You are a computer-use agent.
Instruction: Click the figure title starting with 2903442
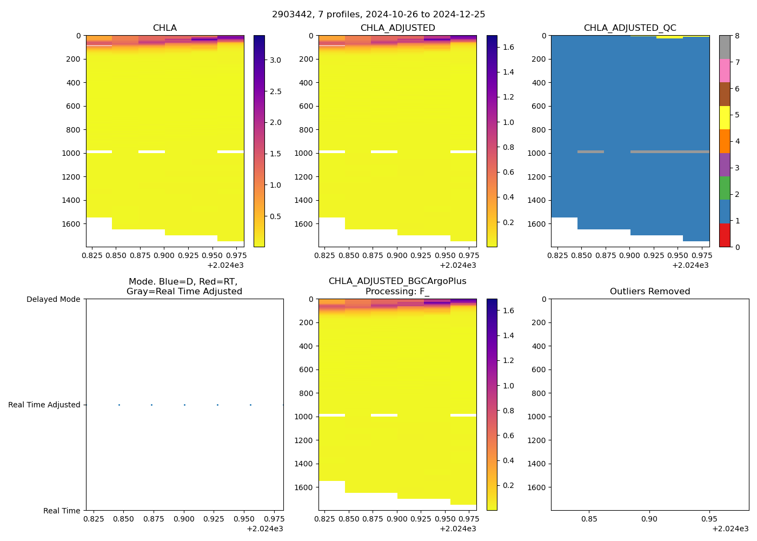click(378, 15)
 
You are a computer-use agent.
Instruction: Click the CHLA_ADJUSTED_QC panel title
click(630, 28)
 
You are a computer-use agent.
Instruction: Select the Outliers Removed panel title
click(650, 292)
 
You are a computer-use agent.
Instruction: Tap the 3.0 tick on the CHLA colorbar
click(275, 60)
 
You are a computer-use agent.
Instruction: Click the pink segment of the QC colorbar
click(725, 70)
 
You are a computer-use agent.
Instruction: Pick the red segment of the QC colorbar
click(725, 235)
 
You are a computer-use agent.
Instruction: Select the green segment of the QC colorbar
click(725, 188)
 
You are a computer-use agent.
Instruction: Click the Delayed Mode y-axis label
click(53, 299)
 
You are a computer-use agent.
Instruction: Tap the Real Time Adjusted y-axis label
click(44, 405)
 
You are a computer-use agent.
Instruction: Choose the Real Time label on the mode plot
click(62, 511)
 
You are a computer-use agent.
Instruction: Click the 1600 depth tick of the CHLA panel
click(71, 224)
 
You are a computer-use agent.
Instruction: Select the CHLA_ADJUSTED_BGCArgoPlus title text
click(397, 281)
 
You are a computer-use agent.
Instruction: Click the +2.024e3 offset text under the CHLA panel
click(225, 265)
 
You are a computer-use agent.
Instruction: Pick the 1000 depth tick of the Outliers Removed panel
click(536, 417)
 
